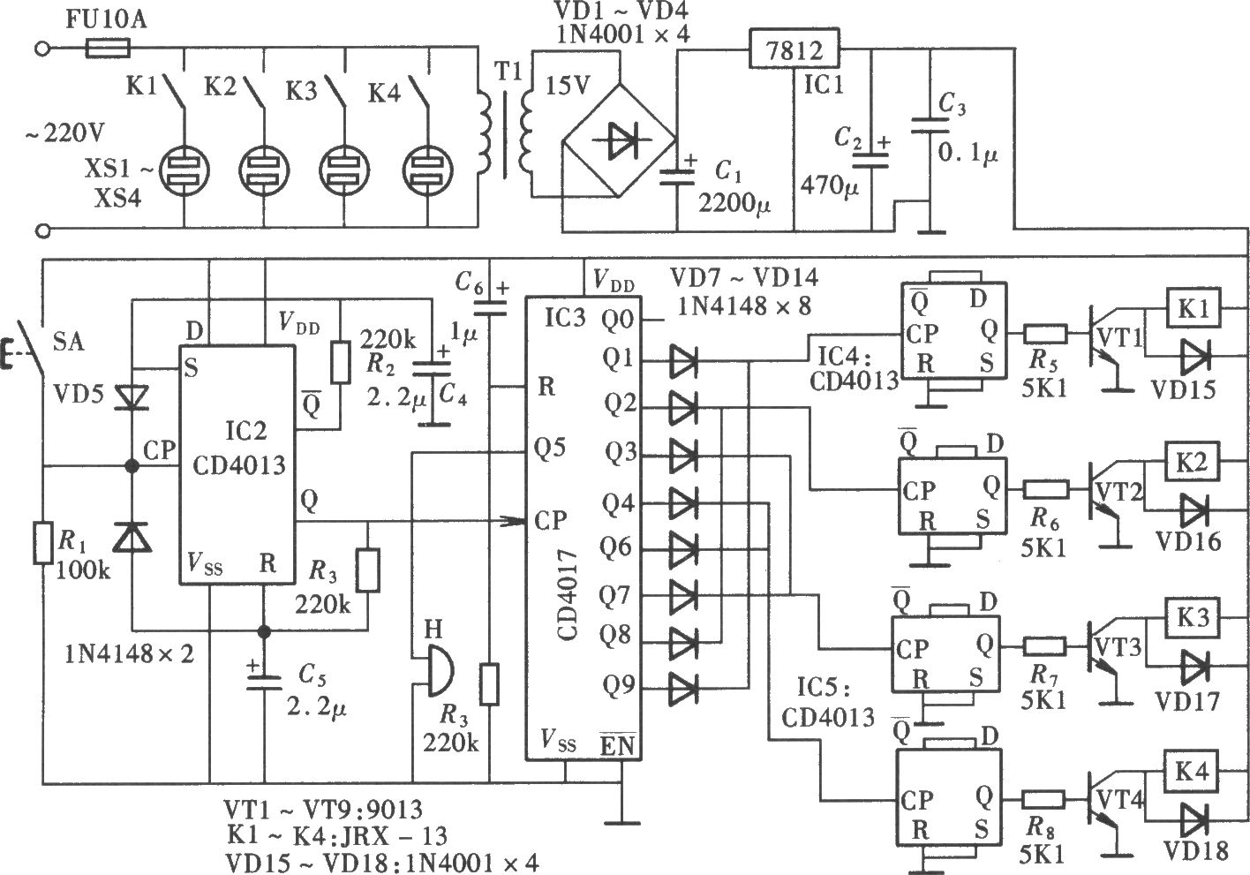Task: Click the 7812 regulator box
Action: pyautogui.click(x=794, y=49)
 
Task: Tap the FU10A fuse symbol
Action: pyautogui.click(x=108, y=49)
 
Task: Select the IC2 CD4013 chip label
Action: pyautogui.click(x=240, y=449)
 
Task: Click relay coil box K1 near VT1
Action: pyautogui.click(x=1193, y=308)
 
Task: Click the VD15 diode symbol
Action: pyautogui.click(x=1194, y=356)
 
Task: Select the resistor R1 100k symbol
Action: pyautogui.click(x=42, y=543)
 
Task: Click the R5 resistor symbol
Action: pyautogui.click(x=1044, y=335)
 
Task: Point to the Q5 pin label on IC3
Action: pyautogui.click(x=550, y=447)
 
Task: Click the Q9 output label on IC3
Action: pyautogui.click(x=618, y=684)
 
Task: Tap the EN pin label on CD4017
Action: pyautogui.click(x=617, y=745)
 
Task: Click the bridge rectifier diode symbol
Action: pyautogui.click(x=620, y=140)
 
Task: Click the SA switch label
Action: pyautogui.click(x=69, y=341)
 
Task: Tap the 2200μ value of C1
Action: pyautogui.click(x=733, y=203)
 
